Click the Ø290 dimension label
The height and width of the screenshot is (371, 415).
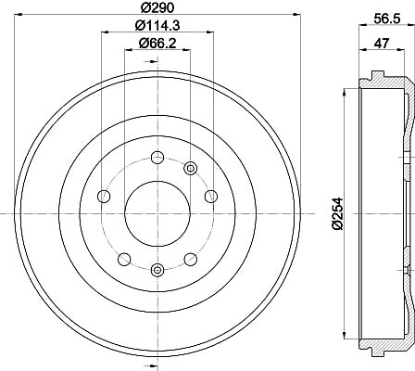pyautogui.click(x=157, y=7)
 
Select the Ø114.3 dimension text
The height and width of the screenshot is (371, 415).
pyautogui.click(x=157, y=25)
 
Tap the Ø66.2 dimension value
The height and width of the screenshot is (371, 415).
pyautogui.click(x=157, y=43)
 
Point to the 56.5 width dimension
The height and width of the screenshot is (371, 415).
pyautogui.click(x=387, y=19)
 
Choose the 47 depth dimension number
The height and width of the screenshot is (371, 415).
pyautogui.click(x=382, y=44)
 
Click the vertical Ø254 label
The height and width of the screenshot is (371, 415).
pyautogui.click(x=338, y=213)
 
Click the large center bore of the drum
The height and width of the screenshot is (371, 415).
pyautogui.click(x=157, y=213)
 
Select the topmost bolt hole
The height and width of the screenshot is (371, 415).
pyautogui.click(x=157, y=158)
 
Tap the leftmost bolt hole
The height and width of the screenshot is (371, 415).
pyautogui.click(x=104, y=196)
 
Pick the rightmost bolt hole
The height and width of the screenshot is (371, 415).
pyautogui.click(x=211, y=196)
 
